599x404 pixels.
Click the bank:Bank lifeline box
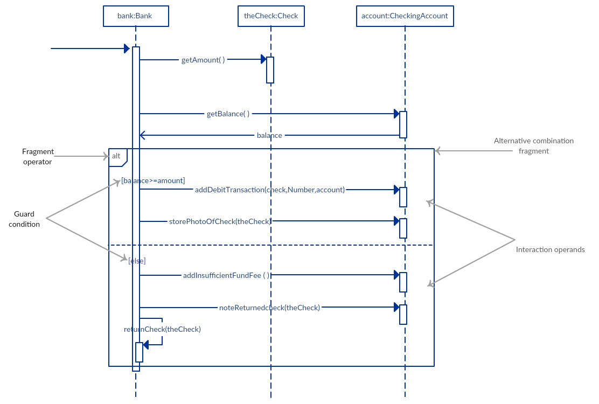coord(136,16)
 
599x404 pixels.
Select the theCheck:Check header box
coord(271,16)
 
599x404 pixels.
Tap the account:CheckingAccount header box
coord(405,16)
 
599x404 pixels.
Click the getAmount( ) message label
coord(203,60)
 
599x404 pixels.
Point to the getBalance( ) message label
coord(228,114)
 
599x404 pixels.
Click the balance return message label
coord(269,136)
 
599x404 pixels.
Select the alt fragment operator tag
coord(117,156)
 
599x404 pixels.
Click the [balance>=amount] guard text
coord(153,180)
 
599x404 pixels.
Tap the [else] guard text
coord(137,261)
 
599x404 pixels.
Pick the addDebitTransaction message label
coord(270,190)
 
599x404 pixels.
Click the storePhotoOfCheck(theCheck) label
coord(220,221)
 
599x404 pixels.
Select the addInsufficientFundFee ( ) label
coord(226,276)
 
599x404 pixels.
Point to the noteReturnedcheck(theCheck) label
coord(269,308)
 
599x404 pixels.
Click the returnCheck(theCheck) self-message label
coord(162,330)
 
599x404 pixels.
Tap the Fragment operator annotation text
coord(38,157)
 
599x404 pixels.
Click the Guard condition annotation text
coord(24,219)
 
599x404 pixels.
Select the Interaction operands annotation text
coord(550,250)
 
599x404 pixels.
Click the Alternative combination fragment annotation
coord(533,146)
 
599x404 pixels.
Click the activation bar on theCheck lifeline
coord(270,70)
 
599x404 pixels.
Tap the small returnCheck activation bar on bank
coord(139,352)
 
